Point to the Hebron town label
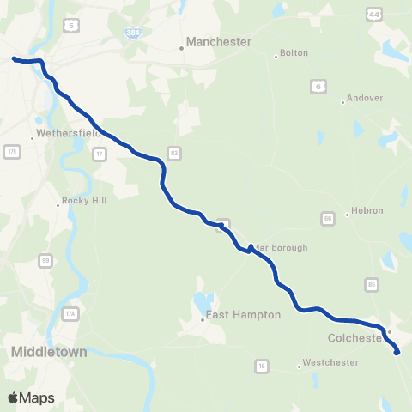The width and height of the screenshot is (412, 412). click(x=366, y=211)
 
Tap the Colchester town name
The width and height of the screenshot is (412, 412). click(x=353, y=338)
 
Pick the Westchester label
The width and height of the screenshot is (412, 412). click(x=328, y=363)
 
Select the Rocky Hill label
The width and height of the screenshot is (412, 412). click(x=77, y=204)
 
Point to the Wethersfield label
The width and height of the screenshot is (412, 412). click(x=67, y=134)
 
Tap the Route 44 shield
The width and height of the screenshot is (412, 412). click(x=373, y=15)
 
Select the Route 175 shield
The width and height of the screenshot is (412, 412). click(x=11, y=151)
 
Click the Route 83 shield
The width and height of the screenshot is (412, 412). click(x=174, y=153)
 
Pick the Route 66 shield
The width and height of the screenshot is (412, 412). click(x=327, y=218)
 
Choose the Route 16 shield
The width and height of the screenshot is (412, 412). click(x=260, y=367)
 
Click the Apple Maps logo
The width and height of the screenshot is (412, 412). click(x=31, y=397)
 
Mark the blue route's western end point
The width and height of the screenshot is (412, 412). click(x=14, y=59)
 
